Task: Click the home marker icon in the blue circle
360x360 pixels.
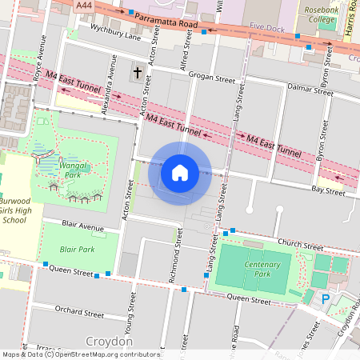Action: click(x=180, y=172)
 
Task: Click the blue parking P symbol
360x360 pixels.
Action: click(x=326, y=298)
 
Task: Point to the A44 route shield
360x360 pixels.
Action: click(x=83, y=5)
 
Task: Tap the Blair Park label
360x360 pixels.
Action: click(x=77, y=250)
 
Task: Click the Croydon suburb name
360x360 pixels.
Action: click(x=107, y=340)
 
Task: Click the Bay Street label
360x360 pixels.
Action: click(x=328, y=190)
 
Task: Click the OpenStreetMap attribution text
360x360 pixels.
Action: click(x=80, y=354)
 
